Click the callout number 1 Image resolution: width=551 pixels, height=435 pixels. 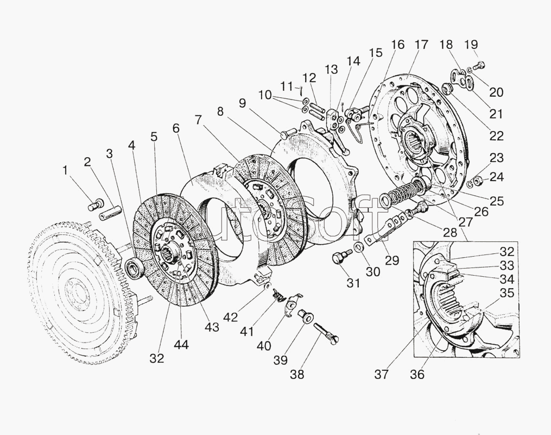[x=65, y=171]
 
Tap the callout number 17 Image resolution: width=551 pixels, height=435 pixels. [x=421, y=45]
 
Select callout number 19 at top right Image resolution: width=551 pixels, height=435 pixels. [x=471, y=45]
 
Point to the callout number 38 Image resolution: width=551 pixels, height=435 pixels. [x=297, y=375]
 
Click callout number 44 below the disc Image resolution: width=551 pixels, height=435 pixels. [x=181, y=345]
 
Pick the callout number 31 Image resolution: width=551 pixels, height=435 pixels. [x=353, y=283]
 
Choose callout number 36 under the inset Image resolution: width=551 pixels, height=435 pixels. [x=417, y=375]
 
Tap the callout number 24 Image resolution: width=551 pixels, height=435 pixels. [x=496, y=177]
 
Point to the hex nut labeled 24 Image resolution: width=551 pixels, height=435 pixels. [x=478, y=182]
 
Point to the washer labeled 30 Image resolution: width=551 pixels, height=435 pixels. [x=359, y=247]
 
